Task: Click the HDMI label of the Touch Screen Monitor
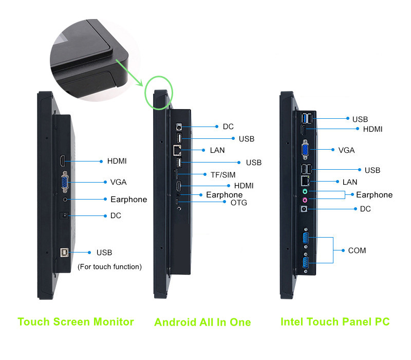coord(117,161)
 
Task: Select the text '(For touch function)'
coord(109,266)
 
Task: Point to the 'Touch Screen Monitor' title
coord(76,322)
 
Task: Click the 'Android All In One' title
coord(202,322)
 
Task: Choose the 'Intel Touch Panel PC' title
coord(335,322)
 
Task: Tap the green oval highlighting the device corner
coord(160,93)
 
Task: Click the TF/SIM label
coord(222,175)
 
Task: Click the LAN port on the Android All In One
coord(178,150)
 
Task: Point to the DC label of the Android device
coord(228,127)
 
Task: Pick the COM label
coord(357,250)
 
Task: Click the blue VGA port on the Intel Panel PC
coord(305,150)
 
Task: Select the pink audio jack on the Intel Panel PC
coord(305,200)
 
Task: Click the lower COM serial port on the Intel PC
coord(306,264)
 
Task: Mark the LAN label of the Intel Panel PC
coord(350,182)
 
